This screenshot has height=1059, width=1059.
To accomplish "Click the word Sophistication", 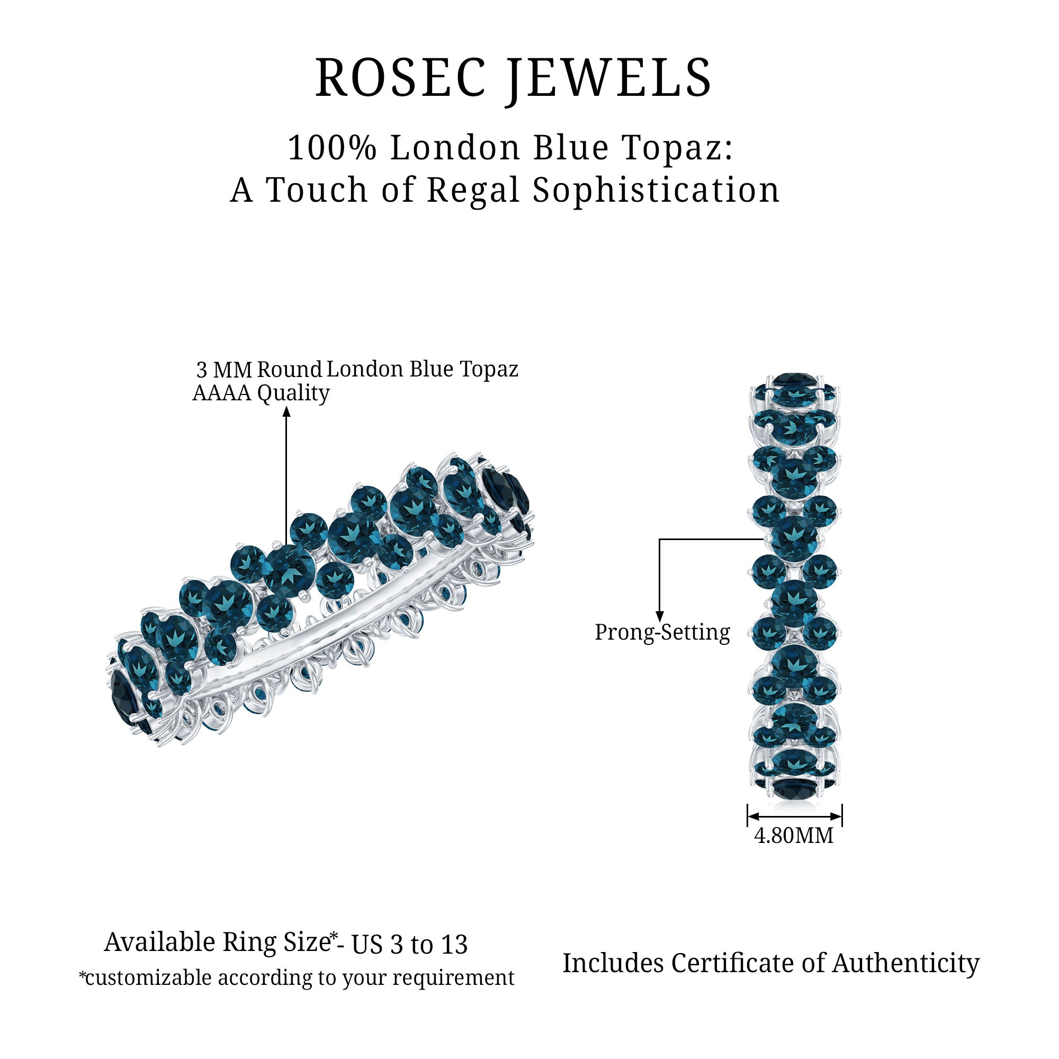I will point(656,190).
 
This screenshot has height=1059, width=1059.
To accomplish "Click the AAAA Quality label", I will point(261,393).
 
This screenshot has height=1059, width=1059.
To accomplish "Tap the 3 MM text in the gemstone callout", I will point(223,370).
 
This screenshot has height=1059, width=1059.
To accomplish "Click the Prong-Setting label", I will point(662,632).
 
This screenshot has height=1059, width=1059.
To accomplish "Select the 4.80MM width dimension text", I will point(793,836).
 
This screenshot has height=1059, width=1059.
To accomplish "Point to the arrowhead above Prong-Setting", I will point(660,616).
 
